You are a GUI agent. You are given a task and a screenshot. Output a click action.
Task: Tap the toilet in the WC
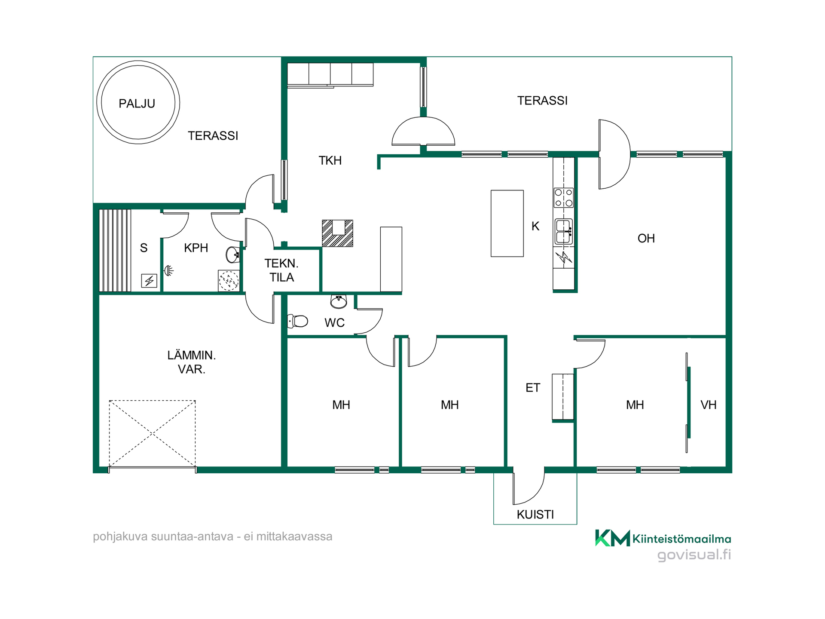click(x=298, y=321)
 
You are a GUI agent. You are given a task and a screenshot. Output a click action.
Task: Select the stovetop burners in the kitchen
click(x=563, y=198)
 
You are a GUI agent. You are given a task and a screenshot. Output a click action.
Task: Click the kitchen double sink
click(x=564, y=232)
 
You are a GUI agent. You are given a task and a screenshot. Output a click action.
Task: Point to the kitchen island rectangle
click(x=507, y=224)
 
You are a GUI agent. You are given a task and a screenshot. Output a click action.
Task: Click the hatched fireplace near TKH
click(x=338, y=233)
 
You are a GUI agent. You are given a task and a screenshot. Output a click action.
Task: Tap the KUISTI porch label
click(x=535, y=515)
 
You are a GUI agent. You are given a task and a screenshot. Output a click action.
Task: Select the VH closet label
click(x=709, y=405)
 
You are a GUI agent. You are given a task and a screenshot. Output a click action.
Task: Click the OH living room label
click(x=646, y=239)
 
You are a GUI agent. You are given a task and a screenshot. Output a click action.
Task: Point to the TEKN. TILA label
click(x=281, y=270)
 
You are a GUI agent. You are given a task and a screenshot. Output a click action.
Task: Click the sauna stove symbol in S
click(x=149, y=281)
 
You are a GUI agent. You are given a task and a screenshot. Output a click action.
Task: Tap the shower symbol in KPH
click(x=169, y=270)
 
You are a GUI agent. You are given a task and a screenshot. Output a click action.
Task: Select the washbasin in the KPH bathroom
click(x=232, y=254)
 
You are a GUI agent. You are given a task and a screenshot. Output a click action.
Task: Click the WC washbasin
click(x=339, y=301)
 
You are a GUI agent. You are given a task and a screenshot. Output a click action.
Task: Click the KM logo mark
click(x=612, y=538)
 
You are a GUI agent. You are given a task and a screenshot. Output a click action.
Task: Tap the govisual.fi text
click(x=694, y=555)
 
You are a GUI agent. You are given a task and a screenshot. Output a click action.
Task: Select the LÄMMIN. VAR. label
click(x=192, y=362)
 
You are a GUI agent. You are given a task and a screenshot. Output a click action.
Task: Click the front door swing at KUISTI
click(x=529, y=488)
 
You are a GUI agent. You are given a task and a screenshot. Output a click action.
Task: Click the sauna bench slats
click(x=115, y=251)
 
